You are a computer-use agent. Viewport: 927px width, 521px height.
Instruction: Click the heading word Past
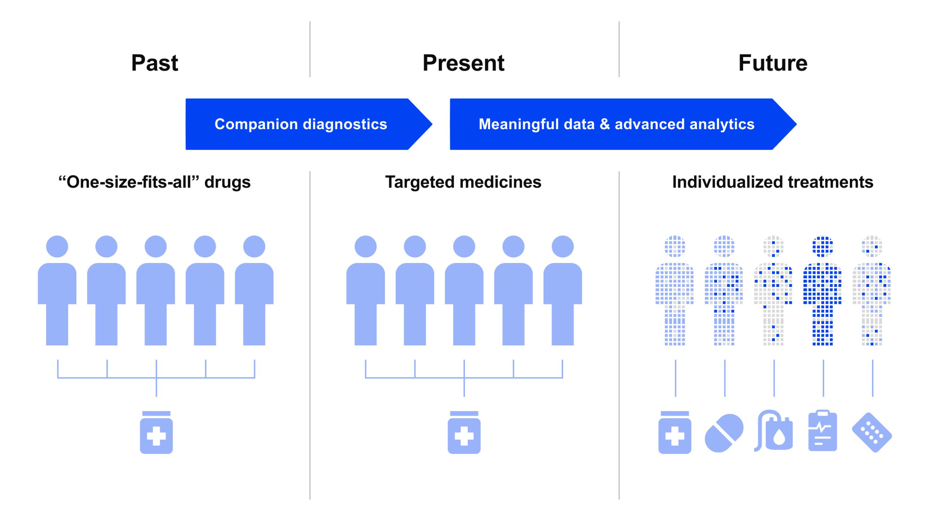tap(155, 63)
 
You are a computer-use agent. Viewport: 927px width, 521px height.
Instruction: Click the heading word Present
tap(463, 63)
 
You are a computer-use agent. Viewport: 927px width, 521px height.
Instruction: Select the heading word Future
tap(773, 63)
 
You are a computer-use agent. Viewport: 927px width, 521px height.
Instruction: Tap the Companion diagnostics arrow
tap(301, 124)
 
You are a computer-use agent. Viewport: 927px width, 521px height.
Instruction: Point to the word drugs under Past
tap(227, 182)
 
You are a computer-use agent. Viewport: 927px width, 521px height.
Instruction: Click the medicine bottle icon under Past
tap(156, 433)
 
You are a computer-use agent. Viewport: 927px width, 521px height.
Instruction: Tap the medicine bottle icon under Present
tap(464, 433)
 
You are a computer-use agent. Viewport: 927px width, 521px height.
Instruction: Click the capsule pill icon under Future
tap(724, 433)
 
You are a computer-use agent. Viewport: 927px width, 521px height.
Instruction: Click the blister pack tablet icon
tap(872, 433)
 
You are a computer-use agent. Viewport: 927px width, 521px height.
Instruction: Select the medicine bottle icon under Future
tap(675, 433)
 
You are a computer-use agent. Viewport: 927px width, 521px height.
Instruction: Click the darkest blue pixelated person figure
tap(822, 289)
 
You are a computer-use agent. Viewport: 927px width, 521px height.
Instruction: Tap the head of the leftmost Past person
tap(57, 246)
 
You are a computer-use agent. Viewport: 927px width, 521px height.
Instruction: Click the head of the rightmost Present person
tap(562, 246)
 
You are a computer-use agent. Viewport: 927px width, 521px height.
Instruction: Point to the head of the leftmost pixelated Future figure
tap(675, 246)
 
